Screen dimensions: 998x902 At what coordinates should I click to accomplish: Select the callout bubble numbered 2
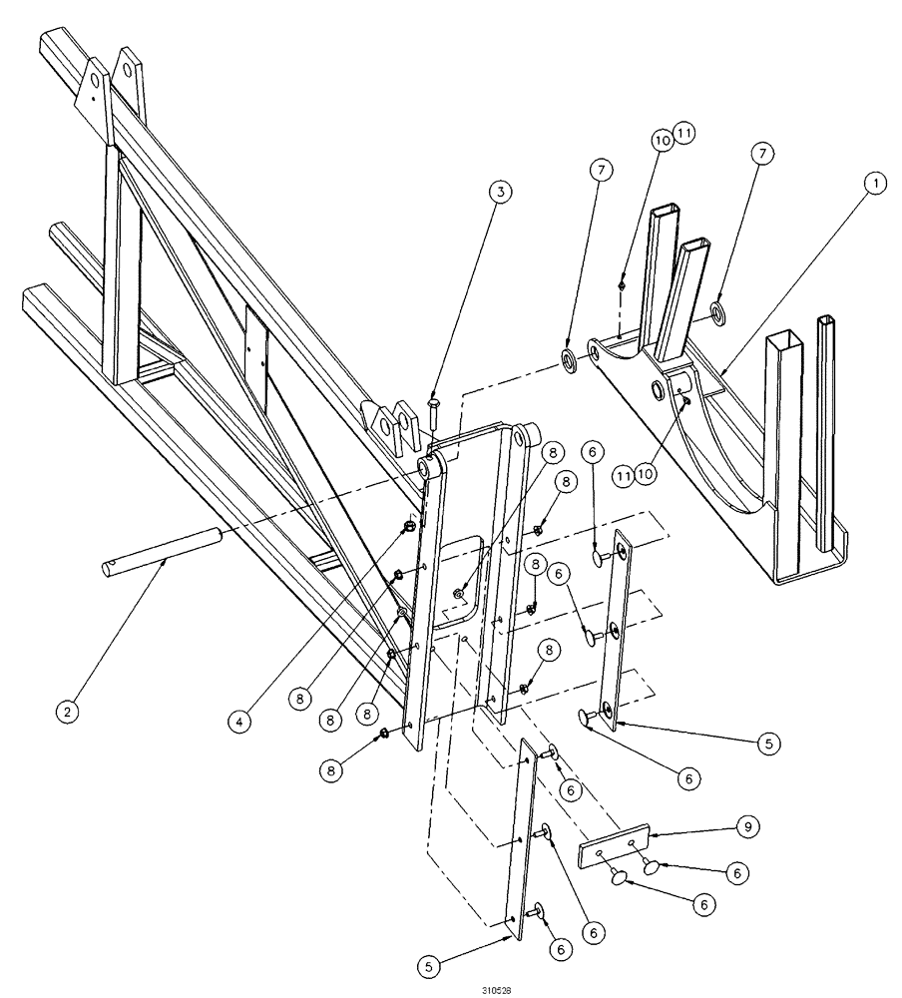point(66,713)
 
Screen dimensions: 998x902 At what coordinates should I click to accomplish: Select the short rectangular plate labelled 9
point(615,846)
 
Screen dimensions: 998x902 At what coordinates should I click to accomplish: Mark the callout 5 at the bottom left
point(429,965)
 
